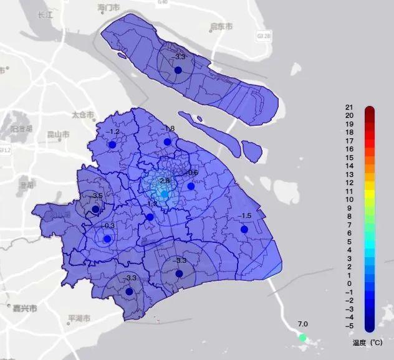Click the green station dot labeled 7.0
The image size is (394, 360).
pos(303,337)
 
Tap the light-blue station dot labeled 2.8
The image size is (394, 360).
pos(165,194)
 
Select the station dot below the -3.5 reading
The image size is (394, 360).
pos(95,209)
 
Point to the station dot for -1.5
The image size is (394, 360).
pos(244,229)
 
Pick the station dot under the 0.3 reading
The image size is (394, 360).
pos(107,239)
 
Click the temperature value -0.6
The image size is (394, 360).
pos(192,173)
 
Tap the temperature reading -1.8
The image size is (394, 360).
pos(168,129)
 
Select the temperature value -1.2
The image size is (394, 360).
pos(112,132)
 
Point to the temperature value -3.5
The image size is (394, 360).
pos(97,196)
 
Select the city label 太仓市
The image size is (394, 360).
pos(82,115)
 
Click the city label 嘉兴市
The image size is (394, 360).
pos(25,308)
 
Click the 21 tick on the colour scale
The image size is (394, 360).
pos(349,107)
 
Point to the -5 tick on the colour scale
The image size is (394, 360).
pos(348,326)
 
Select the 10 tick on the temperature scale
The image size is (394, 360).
pos(349,199)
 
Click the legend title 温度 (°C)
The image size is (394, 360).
pos(367,343)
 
